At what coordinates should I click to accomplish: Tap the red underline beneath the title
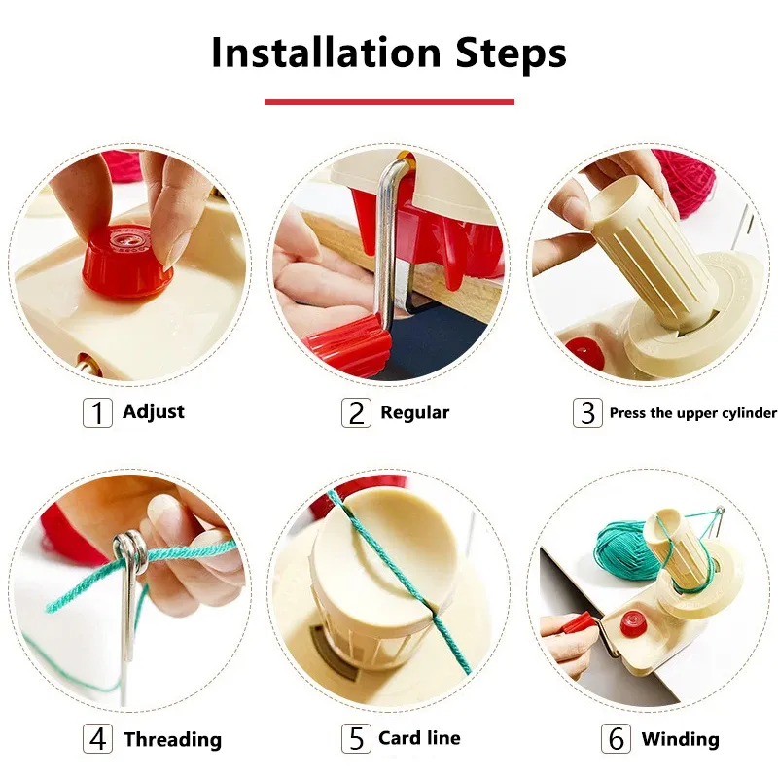[x=389, y=101]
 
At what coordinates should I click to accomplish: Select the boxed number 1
[x=97, y=412]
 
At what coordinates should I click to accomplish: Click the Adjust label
[x=154, y=411]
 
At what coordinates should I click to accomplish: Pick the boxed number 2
[x=356, y=412]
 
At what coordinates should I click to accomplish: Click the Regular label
[x=414, y=412]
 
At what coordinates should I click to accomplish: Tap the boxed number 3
[x=587, y=412]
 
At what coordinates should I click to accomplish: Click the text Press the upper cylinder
[x=692, y=412]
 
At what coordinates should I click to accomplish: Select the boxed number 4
[x=97, y=739]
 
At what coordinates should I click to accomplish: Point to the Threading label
[x=172, y=739]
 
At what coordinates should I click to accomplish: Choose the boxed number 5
[x=356, y=739]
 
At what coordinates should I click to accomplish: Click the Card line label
[x=419, y=738]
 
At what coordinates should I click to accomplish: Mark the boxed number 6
[x=617, y=739]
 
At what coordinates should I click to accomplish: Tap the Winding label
[x=680, y=739]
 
